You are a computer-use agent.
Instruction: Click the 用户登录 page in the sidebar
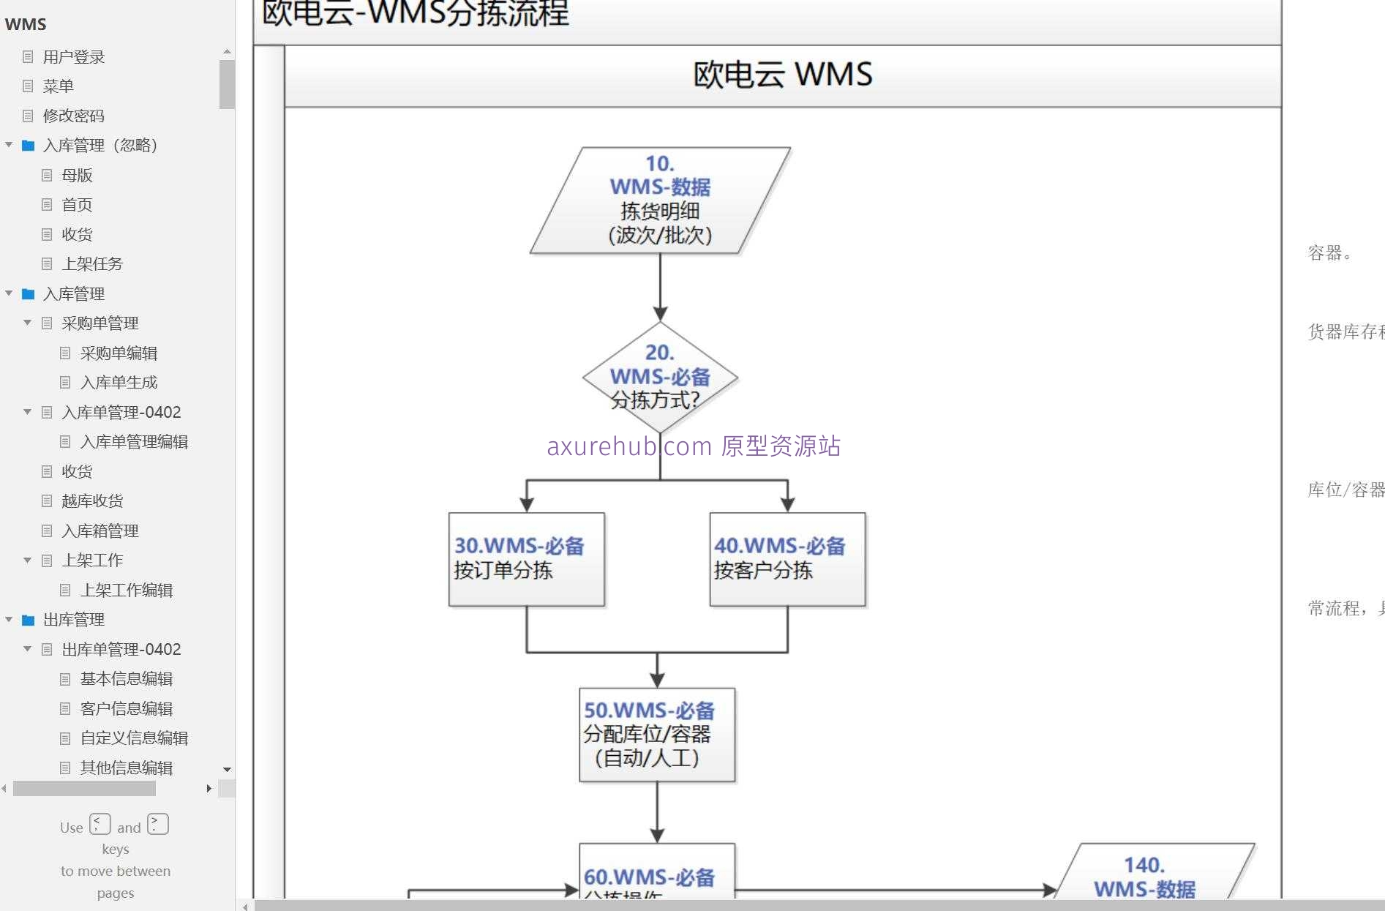tap(73, 57)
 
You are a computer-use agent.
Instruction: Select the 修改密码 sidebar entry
tap(73, 116)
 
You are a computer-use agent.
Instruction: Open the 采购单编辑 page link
tap(119, 353)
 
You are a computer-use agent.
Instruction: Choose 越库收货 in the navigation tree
tap(92, 501)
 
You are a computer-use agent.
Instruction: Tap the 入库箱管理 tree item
tap(100, 531)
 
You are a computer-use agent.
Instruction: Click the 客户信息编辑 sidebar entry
tap(126, 708)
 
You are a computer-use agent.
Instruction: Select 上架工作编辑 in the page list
tap(126, 590)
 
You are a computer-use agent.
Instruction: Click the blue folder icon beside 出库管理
tap(29, 620)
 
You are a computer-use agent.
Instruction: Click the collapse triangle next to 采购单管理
tap(27, 323)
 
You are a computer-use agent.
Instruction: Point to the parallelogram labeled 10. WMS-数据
tap(660, 200)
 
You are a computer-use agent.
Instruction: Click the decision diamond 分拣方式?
tap(660, 378)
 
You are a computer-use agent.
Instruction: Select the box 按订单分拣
tap(527, 559)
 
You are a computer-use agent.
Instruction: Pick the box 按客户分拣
tap(787, 559)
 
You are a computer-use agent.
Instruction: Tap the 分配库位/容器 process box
tap(657, 735)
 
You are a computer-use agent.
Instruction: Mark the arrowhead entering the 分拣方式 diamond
tap(660, 315)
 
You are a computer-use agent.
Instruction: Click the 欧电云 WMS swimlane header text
tap(782, 75)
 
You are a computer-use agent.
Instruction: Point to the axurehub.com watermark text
tap(694, 446)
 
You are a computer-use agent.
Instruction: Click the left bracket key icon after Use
tap(100, 824)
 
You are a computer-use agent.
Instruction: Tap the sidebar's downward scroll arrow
tap(227, 769)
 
